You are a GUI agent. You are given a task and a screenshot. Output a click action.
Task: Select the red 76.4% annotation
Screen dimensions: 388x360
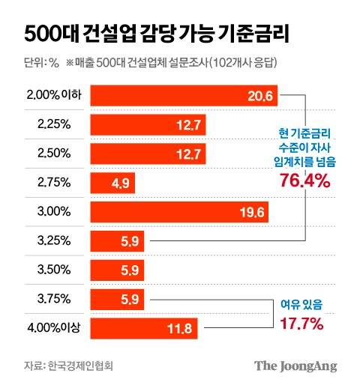(x=304, y=180)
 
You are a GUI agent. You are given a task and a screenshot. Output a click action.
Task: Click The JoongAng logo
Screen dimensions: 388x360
(x=295, y=366)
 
